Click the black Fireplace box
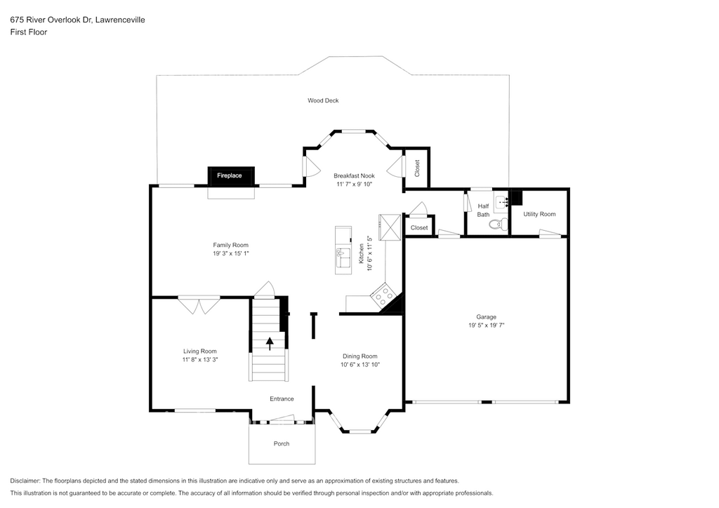230,176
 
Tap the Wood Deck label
323,101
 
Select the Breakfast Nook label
354,176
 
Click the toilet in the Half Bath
499,225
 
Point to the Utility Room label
539,214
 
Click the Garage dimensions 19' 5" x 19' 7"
486,326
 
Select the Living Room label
200,352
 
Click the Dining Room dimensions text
360,365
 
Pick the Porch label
282,444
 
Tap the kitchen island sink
343,258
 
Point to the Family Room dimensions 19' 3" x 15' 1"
230,254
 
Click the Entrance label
282,399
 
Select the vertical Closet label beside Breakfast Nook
417,168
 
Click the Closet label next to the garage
419,227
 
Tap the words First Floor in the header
28,32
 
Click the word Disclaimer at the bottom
25,481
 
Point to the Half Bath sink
502,201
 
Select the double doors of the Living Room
199,305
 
